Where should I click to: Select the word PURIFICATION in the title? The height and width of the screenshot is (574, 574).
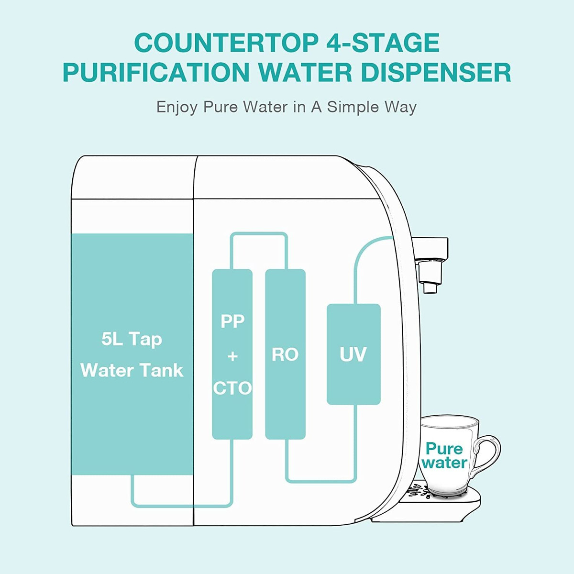[x=156, y=72]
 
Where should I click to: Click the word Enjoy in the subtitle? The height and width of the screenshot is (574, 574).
[x=177, y=108]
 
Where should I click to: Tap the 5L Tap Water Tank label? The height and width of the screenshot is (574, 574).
[x=132, y=355]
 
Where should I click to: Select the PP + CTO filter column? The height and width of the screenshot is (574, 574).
[x=232, y=354]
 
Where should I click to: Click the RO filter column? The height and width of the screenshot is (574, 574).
[x=286, y=354]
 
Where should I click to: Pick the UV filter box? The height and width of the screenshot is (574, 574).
[x=353, y=354]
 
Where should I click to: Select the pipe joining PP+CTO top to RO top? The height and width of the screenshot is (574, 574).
[x=259, y=234]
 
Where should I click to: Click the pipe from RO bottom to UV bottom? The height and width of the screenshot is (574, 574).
[x=321, y=480]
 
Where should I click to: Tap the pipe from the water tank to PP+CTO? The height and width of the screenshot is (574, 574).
[x=182, y=505]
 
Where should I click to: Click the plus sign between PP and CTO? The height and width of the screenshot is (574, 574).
[x=232, y=356]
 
